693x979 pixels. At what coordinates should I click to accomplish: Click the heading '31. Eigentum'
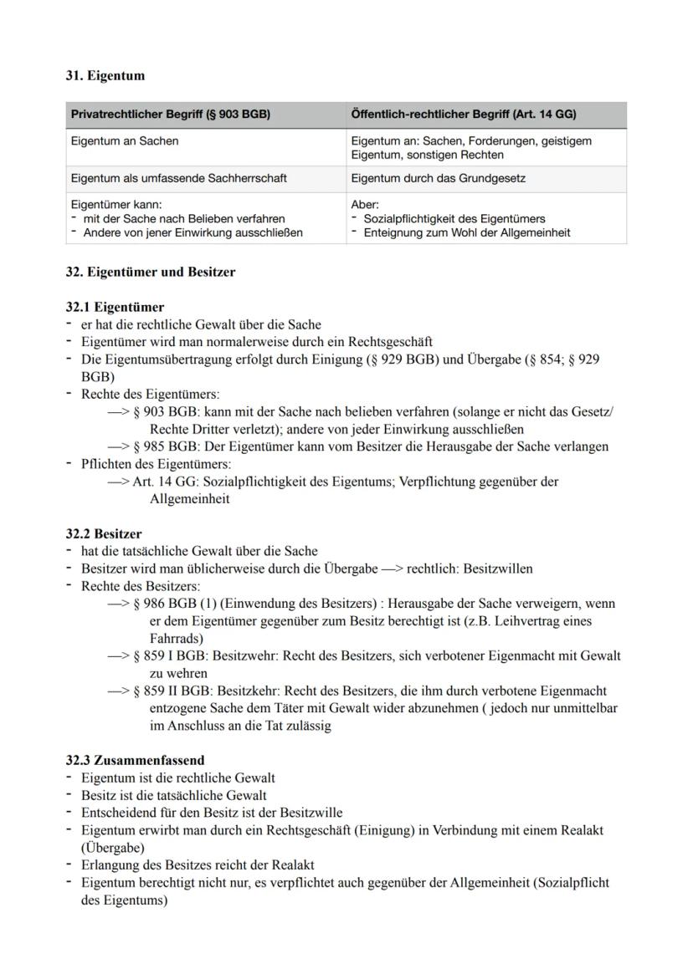(105, 76)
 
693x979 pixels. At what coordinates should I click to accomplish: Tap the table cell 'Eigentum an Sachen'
(125, 141)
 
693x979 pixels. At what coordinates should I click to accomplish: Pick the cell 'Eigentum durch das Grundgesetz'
(438, 178)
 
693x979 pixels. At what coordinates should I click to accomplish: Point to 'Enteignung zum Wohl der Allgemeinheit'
(466, 232)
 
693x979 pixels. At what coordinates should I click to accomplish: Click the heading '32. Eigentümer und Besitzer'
(151, 272)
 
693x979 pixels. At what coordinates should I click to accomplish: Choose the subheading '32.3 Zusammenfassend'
(135, 760)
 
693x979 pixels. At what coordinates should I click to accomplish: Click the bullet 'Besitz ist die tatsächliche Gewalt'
(173, 795)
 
